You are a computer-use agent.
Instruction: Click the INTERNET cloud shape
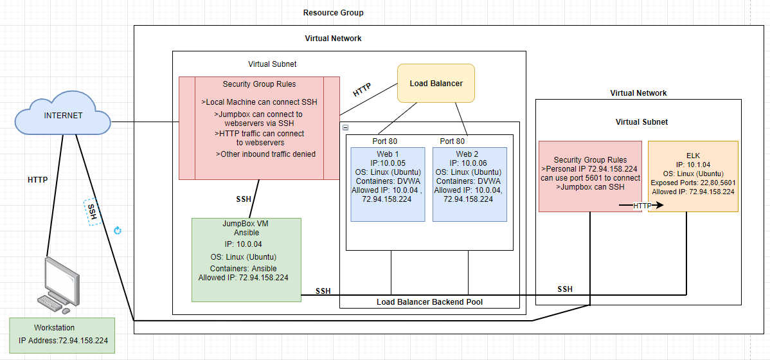[x=63, y=117]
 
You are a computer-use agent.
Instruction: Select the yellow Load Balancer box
[x=436, y=83]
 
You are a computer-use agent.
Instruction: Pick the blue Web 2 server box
[x=469, y=184]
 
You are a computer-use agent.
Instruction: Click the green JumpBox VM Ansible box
[x=246, y=260]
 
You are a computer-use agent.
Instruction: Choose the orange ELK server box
[x=693, y=176]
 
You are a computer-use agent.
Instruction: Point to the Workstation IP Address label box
[x=62, y=336]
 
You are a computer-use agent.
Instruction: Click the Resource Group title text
[x=334, y=13]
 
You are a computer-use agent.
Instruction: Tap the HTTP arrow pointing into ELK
[x=641, y=205]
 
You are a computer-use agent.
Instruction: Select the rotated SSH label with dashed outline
[x=93, y=212]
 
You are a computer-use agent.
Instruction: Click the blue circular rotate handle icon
[x=118, y=230]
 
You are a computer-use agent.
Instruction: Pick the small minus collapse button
[x=345, y=127]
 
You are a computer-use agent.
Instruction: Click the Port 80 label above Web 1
[x=385, y=141]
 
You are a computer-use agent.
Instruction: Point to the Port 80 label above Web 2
[x=453, y=141]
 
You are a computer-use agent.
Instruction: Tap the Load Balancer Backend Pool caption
[x=430, y=302]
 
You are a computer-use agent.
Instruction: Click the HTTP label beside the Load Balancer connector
[x=362, y=90]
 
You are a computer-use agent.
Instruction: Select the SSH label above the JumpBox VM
[x=244, y=199]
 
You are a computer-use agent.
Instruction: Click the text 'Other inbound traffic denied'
[x=265, y=154]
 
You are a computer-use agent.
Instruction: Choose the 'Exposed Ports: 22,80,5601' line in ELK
[x=693, y=183]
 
